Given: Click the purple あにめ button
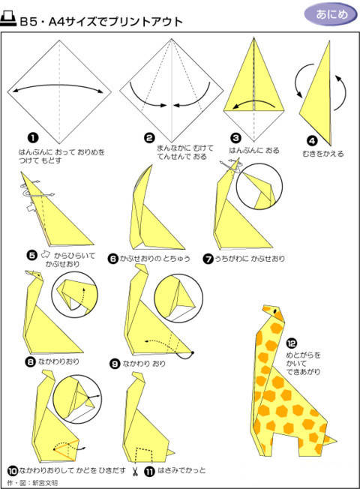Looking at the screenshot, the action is coord(331,14).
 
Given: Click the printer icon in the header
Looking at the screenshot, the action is coord(7,19).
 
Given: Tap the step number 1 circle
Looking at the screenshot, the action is coord(33,138).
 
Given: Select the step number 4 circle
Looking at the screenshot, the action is coord(312,141).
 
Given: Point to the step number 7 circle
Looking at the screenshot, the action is coord(208,259).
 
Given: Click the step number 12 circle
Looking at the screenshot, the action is coord(291,343).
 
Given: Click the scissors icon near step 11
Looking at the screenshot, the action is coord(135,471).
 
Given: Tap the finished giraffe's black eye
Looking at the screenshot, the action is coord(275,311).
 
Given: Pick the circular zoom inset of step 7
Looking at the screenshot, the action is coord(259,187).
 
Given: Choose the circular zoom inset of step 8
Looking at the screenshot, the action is coord(74,295).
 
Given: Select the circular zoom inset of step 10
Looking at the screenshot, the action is coord(77,399).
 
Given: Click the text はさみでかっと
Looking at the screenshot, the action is coord(181,470).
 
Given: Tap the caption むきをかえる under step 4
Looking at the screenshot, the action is coord(323,154).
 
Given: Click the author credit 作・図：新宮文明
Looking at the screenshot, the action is coord(32,483).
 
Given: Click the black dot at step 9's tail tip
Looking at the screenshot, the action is coord(193,352).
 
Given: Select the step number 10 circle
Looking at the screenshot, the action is coord(13,470).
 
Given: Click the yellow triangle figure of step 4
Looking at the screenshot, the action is coord(318,99).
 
